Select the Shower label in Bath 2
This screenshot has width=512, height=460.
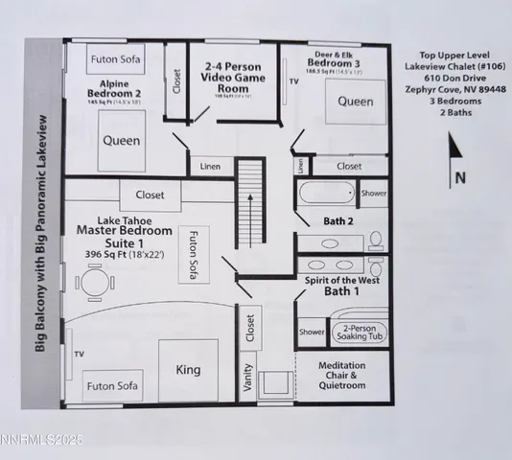(374, 193)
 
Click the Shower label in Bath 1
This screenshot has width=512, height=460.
(312, 333)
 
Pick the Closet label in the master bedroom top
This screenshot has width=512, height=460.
(150, 195)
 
